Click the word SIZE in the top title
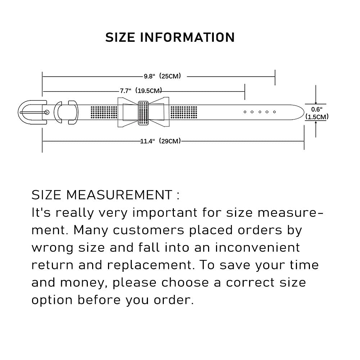(x=120, y=37)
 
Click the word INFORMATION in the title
(x=187, y=37)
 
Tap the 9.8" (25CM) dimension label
(x=162, y=76)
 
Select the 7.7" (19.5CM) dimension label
(x=141, y=91)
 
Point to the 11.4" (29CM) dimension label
(x=161, y=141)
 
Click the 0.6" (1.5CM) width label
(x=317, y=113)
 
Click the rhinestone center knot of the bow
(x=143, y=113)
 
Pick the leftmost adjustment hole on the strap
(x=245, y=112)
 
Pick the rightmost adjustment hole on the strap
(x=274, y=112)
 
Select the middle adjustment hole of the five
(x=260, y=112)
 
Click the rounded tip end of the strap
(x=304, y=112)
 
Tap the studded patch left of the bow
(x=104, y=112)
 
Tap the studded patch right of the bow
(x=184, y=112)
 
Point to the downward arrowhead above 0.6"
(x=316, y=103)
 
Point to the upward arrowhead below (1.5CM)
(x=316, y=123)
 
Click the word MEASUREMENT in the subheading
(x=120, y=195)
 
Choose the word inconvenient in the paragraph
(x=257, y=248)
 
